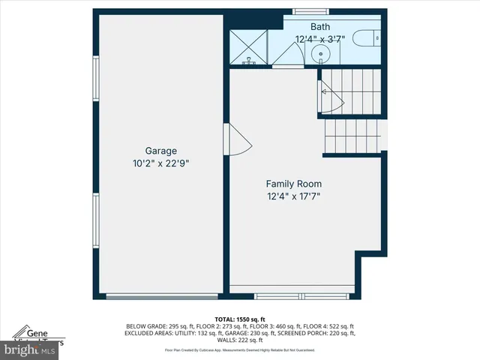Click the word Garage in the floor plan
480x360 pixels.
coord(161,149)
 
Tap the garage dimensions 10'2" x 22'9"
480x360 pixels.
coord(161,162)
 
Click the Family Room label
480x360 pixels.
coord(294,184)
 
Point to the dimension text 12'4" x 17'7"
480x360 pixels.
coord(294,196)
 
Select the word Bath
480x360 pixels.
coord(319,26)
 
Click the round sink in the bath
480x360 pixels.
coord(319,53)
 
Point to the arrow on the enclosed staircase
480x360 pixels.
coord(324,91)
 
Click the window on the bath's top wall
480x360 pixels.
coord(305,11)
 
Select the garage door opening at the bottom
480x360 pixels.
coord(161,297)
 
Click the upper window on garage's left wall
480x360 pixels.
coord(95,79)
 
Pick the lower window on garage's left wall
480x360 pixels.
coord(95,219)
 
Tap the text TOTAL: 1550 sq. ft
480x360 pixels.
coord(240,319)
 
